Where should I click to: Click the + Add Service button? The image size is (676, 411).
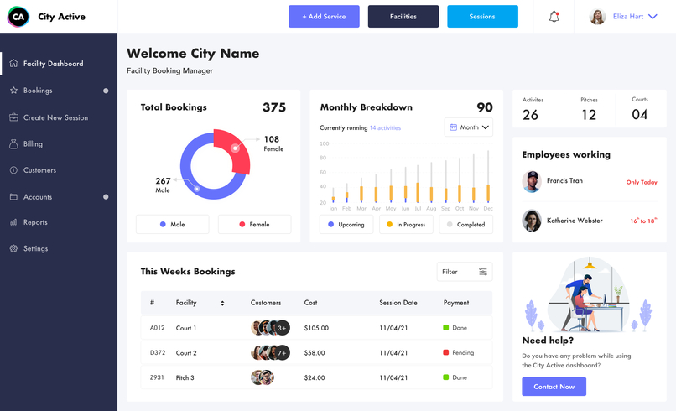pyautogui.click(x=324, y=17)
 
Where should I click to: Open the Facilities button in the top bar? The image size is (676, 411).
pyautogui.click(x=403, y=17)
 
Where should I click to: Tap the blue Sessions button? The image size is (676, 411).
pyautogui.click(x=482, y=17)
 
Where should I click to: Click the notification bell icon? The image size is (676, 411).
pyautogui.click(x=554, y=17)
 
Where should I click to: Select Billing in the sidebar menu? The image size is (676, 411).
pyautogui.click(x=33, y=144)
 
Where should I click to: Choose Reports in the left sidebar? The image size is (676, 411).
pyautogui.click(x=35, y=222)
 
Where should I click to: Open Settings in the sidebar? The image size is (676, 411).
pyautogui.click(x=35, y=249)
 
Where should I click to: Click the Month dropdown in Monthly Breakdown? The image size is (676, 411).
pyautogui.click(x=468, y=127)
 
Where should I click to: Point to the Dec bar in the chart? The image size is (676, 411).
pyautogui.click(x=488, y=179)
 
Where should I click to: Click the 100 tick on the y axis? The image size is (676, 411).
pyautogui.click(x=325, y=144)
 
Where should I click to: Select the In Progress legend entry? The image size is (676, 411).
pyautogui.click(x=406, y=225)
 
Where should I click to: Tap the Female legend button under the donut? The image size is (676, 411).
pyautogui.click(x=254, y=225)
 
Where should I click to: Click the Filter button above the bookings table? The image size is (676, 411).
pyautogui.click(x=464, y=272)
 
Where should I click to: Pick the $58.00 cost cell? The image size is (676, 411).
pyautogui.click(x=316, y=353)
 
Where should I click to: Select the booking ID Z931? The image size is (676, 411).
pyautogui.click(x=158, y=378)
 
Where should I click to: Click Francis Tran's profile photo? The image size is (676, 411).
pyautogui.click(x=532, y=181)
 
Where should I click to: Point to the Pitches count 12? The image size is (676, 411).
pyautogui.click(x=589, y=115)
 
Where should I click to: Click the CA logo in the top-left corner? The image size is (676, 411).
pyautogui.click(x=18, y=17)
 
